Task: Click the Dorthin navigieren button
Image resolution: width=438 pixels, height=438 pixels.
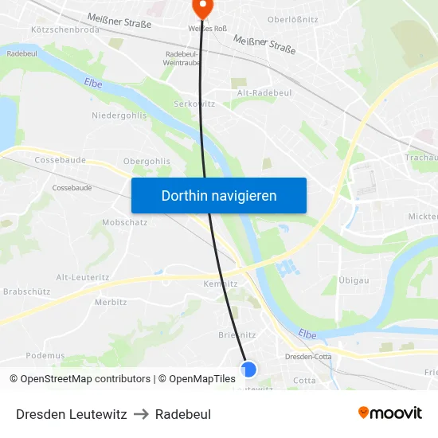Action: pos(219,195)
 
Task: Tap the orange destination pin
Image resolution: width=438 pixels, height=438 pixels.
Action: pos(202,8)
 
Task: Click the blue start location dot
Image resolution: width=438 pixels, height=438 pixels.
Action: pos(248,369)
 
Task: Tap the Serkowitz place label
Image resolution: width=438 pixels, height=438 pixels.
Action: pos(194,104)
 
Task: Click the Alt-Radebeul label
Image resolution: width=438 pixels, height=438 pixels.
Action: pos(264,93)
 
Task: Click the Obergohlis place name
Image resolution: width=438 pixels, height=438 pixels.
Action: pos(147,161)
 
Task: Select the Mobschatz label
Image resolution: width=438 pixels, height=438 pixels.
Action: pos(124,222)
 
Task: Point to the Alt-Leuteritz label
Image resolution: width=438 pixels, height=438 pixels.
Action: pos(83,276)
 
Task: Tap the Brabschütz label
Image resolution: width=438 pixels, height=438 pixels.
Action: pos(27,291)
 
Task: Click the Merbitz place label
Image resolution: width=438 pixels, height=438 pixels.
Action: pos(111,302)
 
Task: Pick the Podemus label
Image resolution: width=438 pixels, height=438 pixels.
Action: pos(45,355)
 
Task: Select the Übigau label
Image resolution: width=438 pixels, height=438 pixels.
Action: pos(352,281)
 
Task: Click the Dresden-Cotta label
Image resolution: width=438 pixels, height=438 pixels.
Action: pos(308,357)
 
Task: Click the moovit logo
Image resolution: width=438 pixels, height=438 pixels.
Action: pos(389,413)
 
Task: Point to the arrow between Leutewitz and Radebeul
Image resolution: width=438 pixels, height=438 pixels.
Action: pos(141,414)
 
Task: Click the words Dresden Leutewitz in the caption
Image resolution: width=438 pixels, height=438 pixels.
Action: pos(72,414)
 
